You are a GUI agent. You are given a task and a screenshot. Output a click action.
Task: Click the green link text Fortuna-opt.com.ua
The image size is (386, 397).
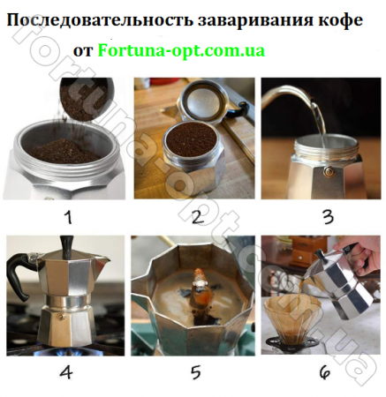click(182, 50)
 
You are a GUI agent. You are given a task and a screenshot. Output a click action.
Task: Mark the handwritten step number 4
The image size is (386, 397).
click(64, 371)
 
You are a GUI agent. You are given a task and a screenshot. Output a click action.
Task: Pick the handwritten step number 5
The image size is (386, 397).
click(194, 371)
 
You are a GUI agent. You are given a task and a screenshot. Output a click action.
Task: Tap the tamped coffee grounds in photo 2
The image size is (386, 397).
click(186, 137)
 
